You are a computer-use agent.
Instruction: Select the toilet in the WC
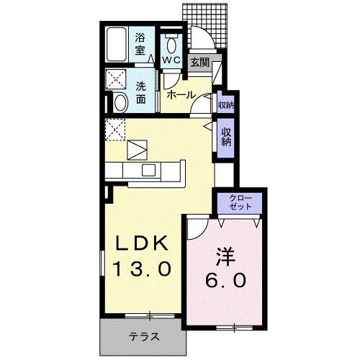point(171,40)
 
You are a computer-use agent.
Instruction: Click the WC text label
point(171,60)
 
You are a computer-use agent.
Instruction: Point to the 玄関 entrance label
point(199,63)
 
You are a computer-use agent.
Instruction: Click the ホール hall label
point(179,94)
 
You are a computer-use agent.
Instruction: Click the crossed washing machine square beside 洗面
point(116,79)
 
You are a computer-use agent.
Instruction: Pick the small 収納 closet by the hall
point(225,105)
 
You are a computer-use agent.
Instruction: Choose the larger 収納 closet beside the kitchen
point(226,136)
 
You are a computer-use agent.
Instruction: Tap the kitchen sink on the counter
point(149,170)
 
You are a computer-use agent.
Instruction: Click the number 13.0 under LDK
point(143,269)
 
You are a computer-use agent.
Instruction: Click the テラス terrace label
point(144,336)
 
